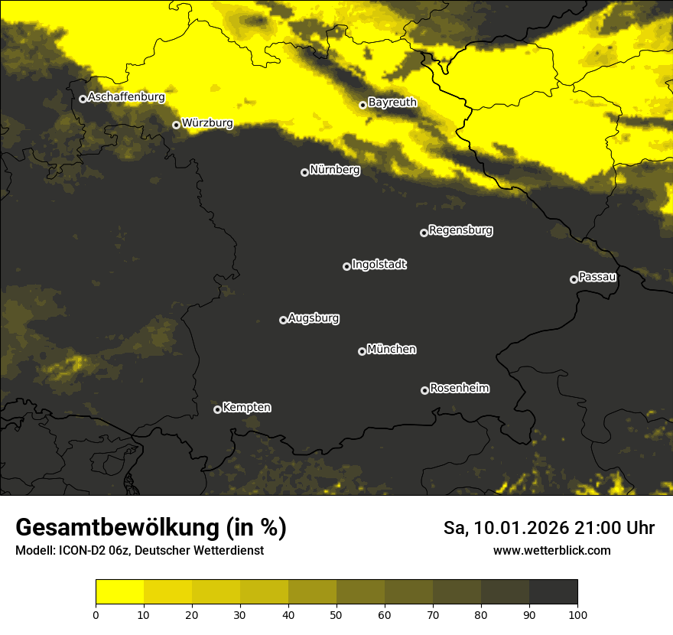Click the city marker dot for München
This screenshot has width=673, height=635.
(362, 351)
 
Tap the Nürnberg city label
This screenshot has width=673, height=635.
(334, 170)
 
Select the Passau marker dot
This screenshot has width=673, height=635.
(574, 279)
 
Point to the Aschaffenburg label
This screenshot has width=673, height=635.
(126, 97)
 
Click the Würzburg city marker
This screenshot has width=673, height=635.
(176, 125)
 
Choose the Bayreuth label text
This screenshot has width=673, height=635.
(392, 103)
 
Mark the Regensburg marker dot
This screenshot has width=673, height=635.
(424, 233)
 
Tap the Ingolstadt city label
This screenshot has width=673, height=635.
(379, 265)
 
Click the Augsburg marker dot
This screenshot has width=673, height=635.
(283, 320)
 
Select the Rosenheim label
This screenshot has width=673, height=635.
(459, 389)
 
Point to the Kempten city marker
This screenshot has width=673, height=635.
(217, 409)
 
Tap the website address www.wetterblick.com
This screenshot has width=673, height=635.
(551, 551)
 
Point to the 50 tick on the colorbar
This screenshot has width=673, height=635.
(336, 614)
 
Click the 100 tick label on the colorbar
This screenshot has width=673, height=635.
(577, 614)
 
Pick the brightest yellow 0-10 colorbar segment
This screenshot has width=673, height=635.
(120, 592)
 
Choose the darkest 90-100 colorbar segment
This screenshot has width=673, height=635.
(553, 592)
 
